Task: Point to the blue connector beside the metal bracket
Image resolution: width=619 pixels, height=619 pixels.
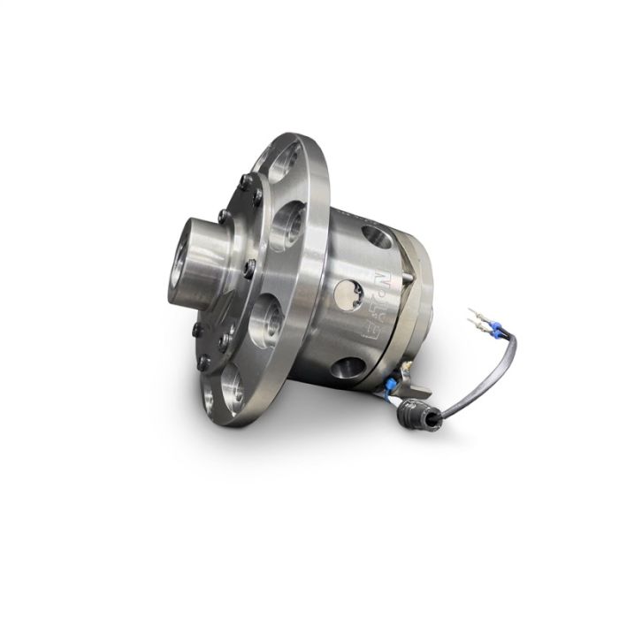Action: point(391,386)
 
